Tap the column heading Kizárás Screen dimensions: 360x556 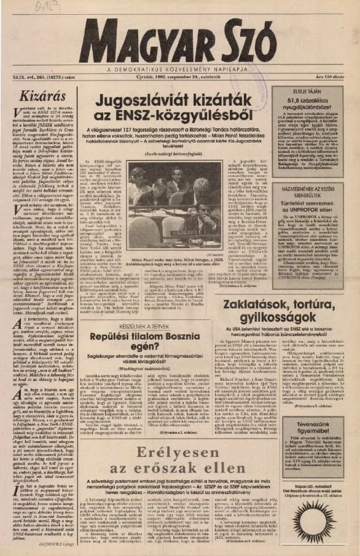(36, 96)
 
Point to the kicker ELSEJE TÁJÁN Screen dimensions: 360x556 (306, 93)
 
